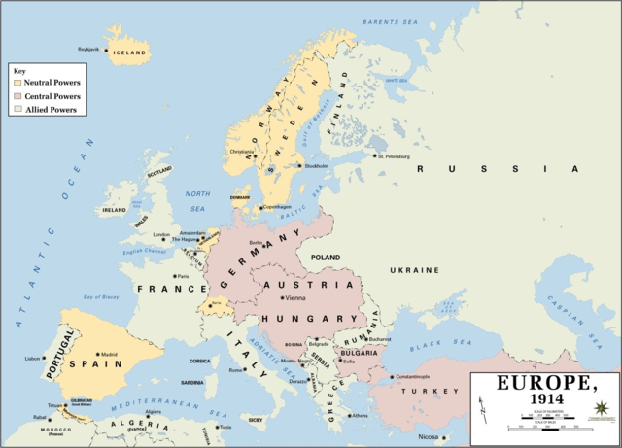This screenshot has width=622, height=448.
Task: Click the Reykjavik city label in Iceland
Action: [88, 48]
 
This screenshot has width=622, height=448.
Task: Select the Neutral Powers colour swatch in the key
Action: [17, 83]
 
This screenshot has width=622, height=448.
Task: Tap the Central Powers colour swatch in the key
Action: [17, 96]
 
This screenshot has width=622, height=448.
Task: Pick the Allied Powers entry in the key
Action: [17, 110]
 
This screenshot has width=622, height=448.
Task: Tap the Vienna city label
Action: [295, 297]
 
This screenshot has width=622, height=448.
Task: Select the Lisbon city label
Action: [33, 359]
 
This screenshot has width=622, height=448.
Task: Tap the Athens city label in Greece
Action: [360, 415]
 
